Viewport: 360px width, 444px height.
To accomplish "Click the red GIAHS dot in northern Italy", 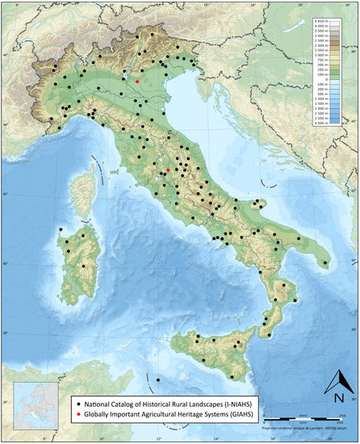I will [x=137, y=82].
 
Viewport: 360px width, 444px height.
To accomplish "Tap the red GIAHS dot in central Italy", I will [x=167, y=170].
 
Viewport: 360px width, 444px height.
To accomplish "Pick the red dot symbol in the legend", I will [x=77, y=412].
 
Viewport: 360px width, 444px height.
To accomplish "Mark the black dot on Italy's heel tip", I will [x=325, y=263].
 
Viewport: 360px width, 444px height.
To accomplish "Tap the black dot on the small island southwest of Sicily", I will [x=158, y=379].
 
